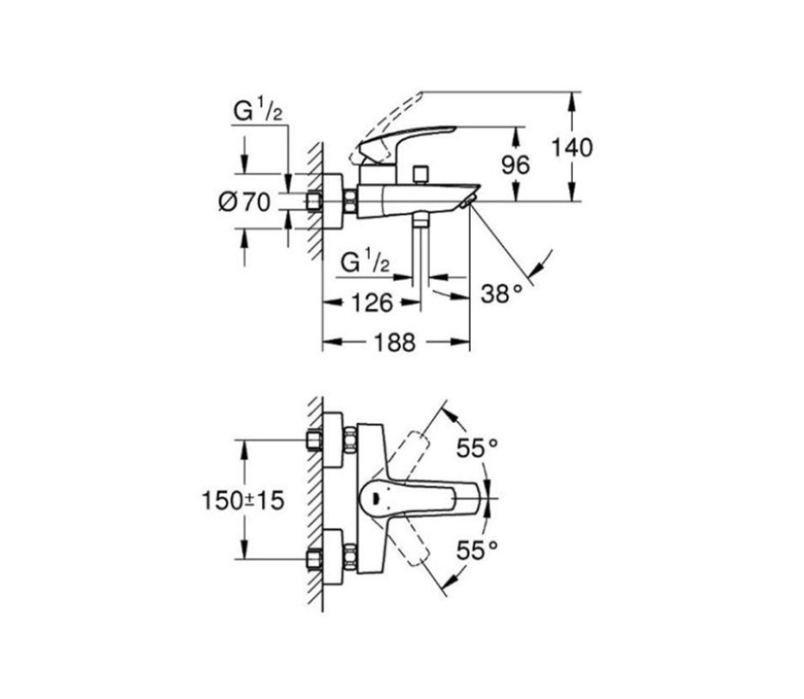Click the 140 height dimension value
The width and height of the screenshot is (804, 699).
(572, 148)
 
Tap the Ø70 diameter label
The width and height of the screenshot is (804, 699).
(245, 202)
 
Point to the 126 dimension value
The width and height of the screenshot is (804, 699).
(372, 301)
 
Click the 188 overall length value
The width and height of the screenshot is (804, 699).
(396, 343)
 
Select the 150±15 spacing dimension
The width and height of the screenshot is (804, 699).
(243, 500)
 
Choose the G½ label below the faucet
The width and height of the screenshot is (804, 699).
(364, 262)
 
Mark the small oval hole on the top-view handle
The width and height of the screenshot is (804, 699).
(372, 498)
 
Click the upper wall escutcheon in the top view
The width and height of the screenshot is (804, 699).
(333, 439)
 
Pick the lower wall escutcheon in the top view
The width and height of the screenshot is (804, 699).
(333, 557)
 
